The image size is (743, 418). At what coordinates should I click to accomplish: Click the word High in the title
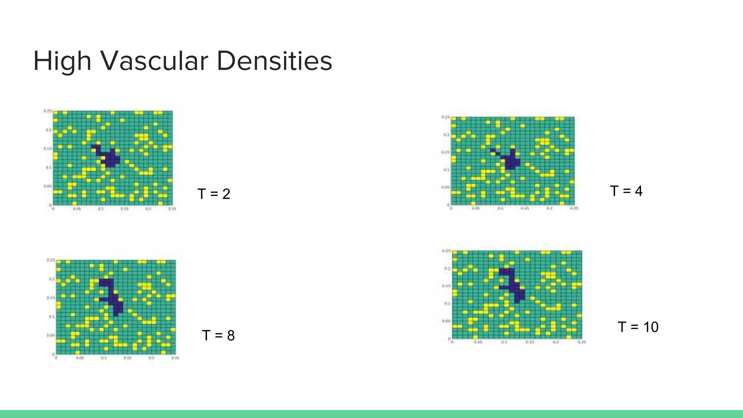coord(62,61)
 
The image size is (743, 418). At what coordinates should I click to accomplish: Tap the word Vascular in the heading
coord(154,61)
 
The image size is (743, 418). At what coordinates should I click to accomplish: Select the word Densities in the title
coord(274,61)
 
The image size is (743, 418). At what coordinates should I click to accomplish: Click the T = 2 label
coord(214,194)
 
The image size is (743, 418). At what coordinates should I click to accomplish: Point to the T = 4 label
coord(626,191)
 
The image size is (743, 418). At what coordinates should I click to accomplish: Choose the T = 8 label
coord(218,335)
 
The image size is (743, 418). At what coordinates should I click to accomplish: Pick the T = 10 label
coord(638,327)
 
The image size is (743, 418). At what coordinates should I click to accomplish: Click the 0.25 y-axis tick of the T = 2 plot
coord(48,111)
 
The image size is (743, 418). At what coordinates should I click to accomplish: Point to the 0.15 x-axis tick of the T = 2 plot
coord(124,209)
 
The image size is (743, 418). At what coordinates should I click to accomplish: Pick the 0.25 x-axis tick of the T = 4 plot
coord(574,208)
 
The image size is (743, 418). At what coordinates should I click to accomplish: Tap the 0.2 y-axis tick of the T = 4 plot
coord(446,135)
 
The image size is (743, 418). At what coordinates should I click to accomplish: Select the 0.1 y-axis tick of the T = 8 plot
coord(52,317)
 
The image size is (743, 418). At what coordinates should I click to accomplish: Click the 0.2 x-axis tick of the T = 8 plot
coord(151,358)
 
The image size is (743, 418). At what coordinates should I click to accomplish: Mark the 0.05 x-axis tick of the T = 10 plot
coord(478,342)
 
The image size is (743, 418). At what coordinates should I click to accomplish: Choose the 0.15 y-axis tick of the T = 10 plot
coord(446,286)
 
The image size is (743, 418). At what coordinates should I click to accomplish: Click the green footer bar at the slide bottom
coord(371,414)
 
